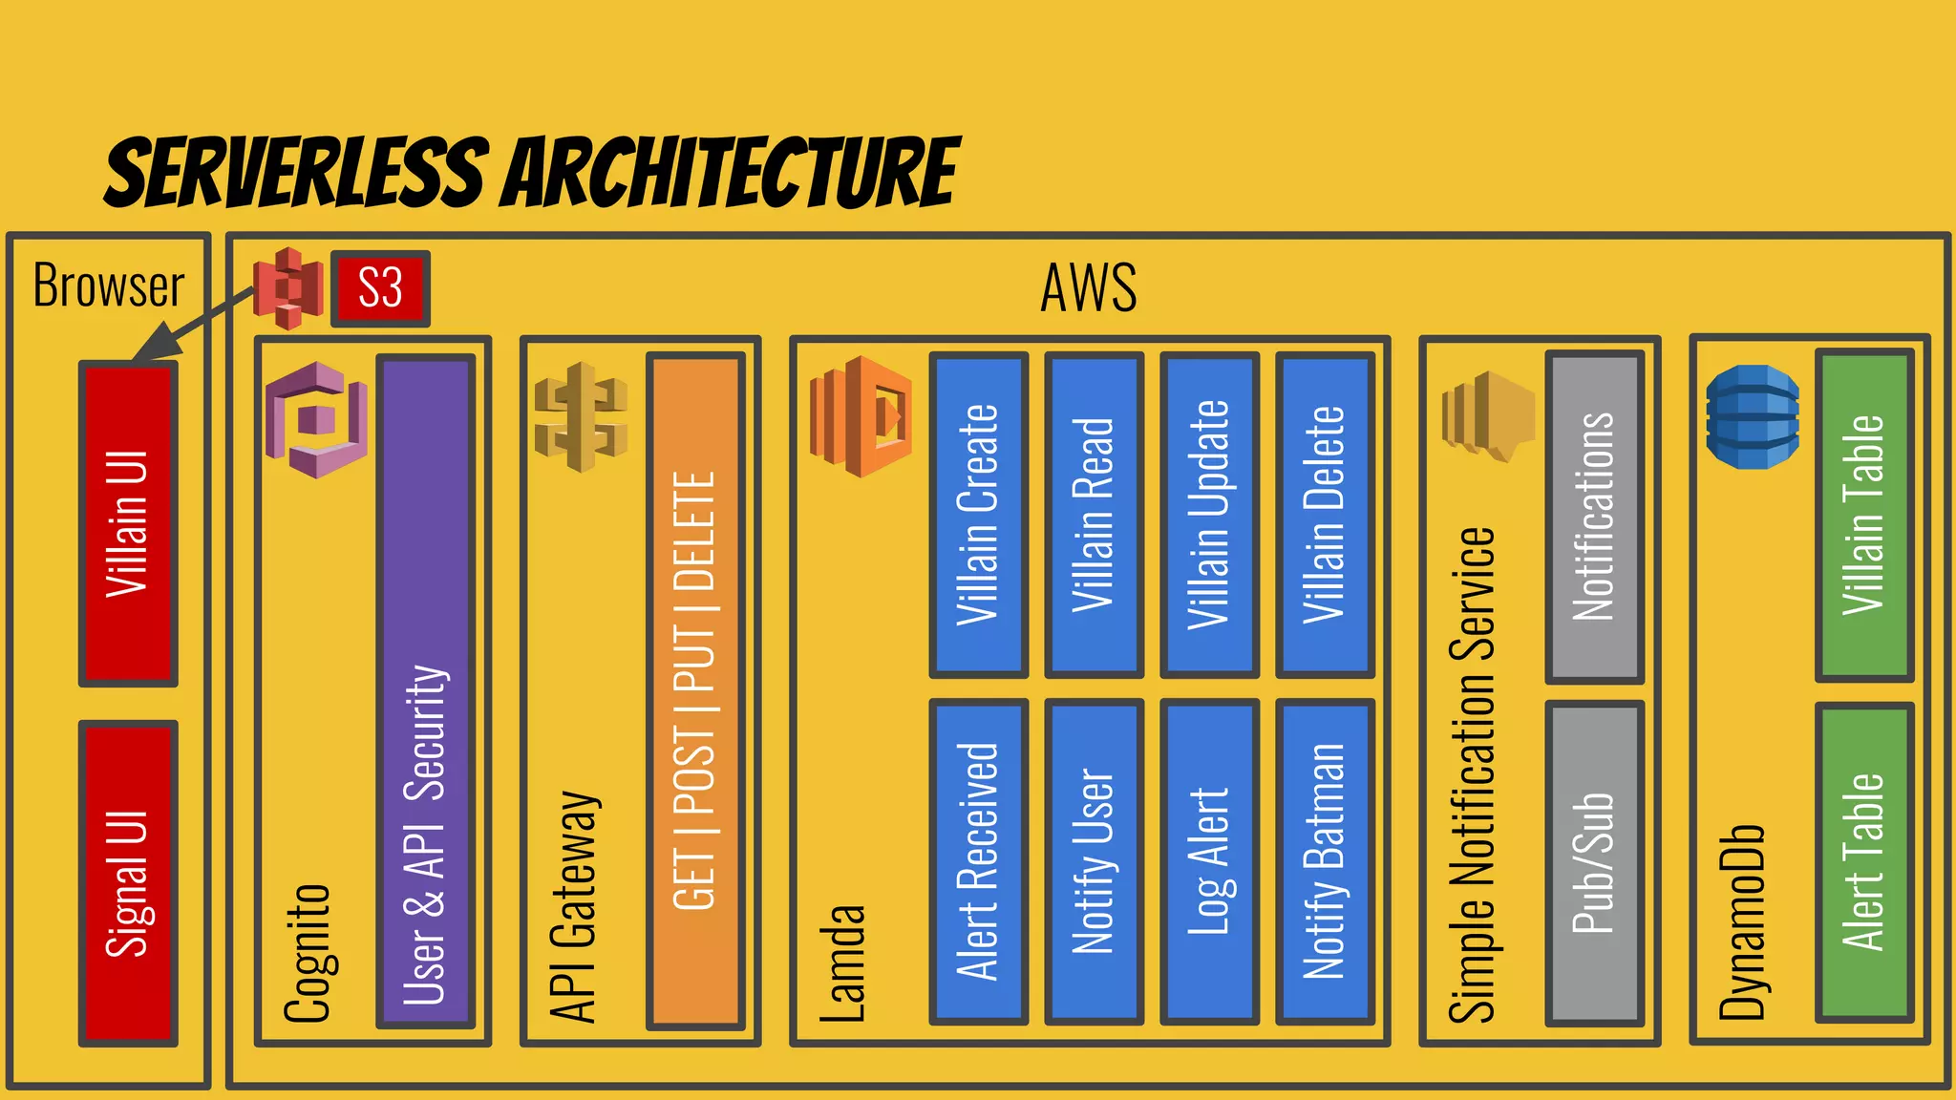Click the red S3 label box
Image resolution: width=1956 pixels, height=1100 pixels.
click(380, 288)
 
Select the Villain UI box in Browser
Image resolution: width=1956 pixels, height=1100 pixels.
click(128, 523)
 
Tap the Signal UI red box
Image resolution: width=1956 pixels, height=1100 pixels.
click(128, 882)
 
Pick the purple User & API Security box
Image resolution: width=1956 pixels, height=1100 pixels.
click(426, 691)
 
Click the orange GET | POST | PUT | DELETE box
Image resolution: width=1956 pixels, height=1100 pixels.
click(695, 691)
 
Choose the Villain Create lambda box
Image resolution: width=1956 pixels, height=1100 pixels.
click(978, 516)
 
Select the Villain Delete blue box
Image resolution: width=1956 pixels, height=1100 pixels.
click(1325, 516)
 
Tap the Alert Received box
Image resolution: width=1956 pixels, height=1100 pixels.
click(978, 861)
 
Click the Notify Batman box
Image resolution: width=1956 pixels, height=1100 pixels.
click(1325, 861)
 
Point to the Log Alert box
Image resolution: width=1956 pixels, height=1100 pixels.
click(1209, 861)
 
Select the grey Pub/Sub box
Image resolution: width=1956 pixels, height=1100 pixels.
click(1594, 863)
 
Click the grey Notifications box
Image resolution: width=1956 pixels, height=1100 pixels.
click(1594, 517)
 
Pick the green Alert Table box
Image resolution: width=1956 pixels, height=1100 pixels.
click(1864, 862)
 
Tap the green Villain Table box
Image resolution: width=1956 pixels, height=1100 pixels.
click(1864, 516)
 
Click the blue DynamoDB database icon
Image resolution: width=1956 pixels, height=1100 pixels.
click(1752, 416)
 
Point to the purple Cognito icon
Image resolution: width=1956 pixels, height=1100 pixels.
click(316, 419)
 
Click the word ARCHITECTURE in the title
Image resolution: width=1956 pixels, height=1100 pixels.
click(732, 173)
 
